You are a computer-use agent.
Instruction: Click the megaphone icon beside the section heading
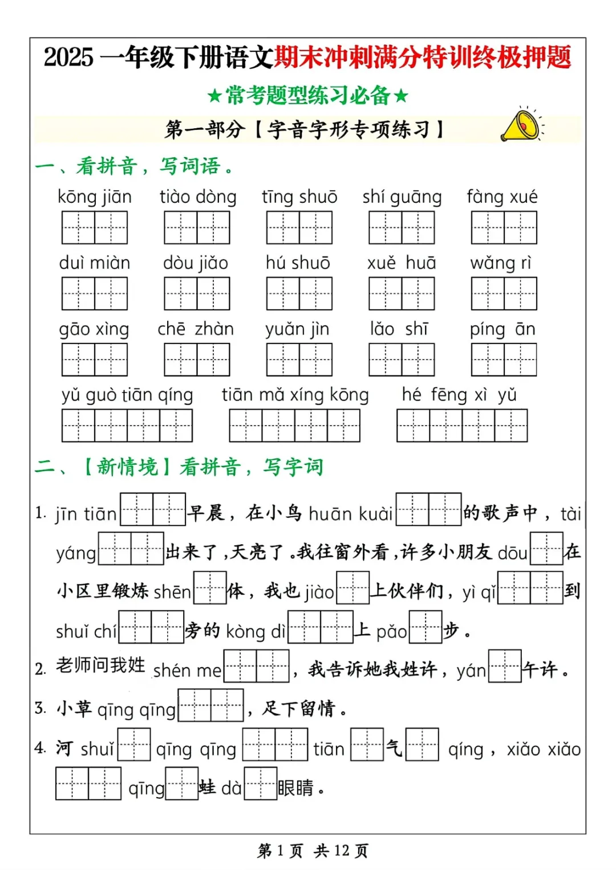521,125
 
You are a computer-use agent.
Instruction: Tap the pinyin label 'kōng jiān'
95,197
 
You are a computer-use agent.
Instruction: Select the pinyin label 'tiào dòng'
197,197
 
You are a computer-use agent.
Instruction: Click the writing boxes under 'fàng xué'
504,227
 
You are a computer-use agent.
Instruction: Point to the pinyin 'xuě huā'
402,263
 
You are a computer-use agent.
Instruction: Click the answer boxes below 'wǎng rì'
504,293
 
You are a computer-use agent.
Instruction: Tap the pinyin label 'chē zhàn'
196,329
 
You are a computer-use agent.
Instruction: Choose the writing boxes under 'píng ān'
504,360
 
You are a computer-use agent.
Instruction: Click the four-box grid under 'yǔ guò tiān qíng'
127,426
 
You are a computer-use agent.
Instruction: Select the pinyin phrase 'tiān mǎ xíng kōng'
295,395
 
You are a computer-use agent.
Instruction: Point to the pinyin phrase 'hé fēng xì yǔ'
459,395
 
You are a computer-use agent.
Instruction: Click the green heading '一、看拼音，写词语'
134,166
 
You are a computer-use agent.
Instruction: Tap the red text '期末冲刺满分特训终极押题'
423,58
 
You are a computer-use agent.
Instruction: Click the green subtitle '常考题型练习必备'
308,95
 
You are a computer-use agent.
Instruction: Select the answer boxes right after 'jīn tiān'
153,509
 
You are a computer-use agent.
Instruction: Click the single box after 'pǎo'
425,627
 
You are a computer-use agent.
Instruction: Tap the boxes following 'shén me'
256,666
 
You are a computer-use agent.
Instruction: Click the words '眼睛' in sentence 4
295,788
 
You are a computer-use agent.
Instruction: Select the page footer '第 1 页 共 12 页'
313,851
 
